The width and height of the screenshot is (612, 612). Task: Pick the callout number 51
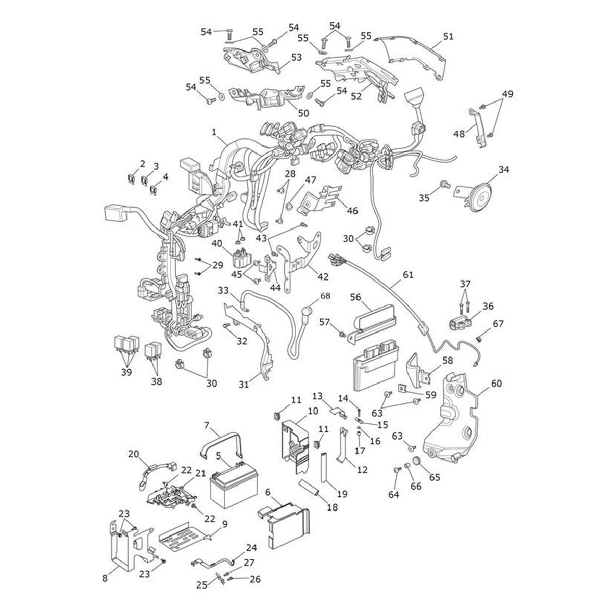[x=448, y=37]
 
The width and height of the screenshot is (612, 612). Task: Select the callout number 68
[x=325, y=296]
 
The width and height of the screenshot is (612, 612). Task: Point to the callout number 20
[x=133, y=454]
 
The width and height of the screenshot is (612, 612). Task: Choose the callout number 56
[x=355, y=297]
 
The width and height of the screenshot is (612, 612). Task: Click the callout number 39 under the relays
[x=126, y=372]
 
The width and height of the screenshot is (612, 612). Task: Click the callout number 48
[x=459, y=134]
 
